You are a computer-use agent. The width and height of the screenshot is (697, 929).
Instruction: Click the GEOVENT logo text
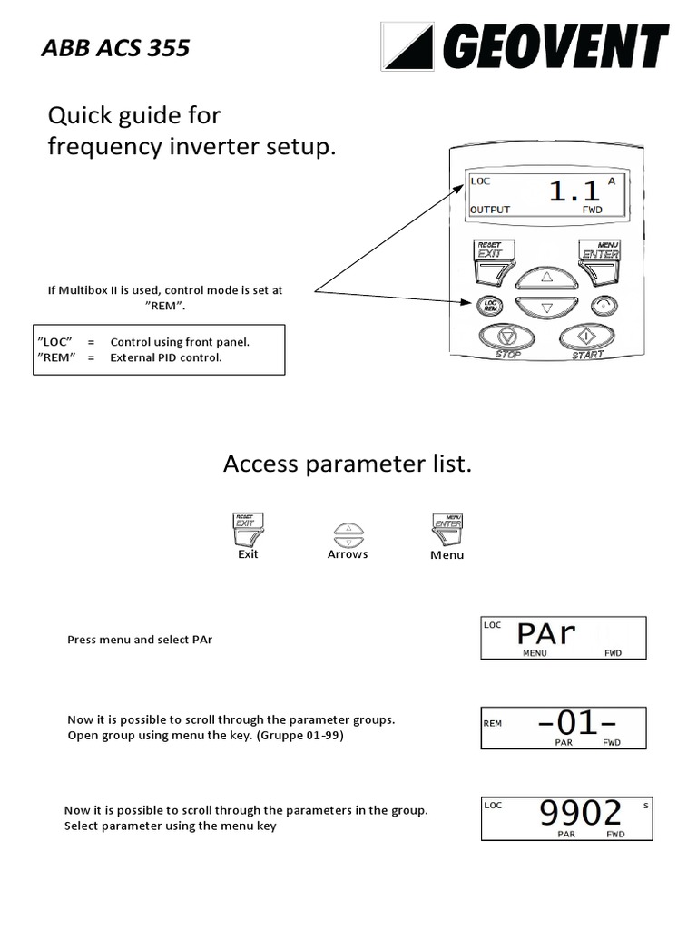[555, 46]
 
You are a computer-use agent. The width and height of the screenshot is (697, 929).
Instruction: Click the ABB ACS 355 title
[115, 48]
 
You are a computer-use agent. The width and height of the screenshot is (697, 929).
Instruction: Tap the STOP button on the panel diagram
[507, 338]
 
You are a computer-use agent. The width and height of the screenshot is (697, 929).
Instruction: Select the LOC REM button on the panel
[490, 307]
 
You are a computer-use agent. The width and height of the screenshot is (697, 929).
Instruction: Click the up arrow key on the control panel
[546, 276]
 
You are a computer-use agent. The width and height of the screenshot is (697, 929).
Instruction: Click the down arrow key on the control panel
[546, 307]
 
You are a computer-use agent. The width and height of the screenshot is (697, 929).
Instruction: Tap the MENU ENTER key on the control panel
[600, 250]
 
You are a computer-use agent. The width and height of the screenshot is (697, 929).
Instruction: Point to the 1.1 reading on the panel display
[574, 191]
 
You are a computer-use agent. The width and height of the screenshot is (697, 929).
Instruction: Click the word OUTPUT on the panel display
[490, 210]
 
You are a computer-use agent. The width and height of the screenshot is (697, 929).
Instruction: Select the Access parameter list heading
[348, 464]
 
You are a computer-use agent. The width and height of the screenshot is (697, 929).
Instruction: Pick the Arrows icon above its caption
[348, 533]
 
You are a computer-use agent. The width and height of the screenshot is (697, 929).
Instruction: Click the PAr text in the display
[546, 633]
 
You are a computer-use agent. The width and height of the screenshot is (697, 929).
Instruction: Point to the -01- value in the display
[577, 723]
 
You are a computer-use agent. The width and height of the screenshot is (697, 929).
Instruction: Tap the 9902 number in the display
[581, 813]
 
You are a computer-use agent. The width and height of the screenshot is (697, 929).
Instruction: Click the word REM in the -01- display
[493, 723]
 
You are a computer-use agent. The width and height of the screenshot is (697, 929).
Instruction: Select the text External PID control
[166, 357]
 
